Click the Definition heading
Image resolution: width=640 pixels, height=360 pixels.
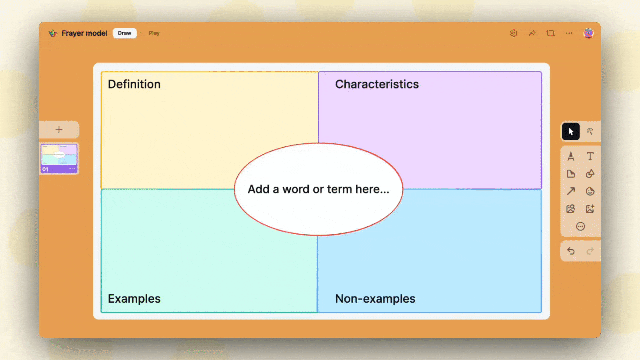(x=134, y=84)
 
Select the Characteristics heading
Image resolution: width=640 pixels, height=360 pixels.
(x=377, y=84)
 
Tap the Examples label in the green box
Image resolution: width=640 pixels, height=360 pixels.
(x=134, y=299)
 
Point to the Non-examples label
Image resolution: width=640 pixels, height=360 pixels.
(x=375, y=299)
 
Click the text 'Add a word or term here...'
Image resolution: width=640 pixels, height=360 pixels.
(x=318, y=189)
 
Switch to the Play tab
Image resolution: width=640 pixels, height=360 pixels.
(x=154, y=33)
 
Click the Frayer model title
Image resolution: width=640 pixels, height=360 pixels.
(x=84, y=33)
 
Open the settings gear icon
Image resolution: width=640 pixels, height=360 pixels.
(x=513, y=33)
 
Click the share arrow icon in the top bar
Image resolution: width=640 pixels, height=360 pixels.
(x=532, y=33)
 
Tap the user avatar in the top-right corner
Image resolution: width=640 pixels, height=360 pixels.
(x=588, y=33)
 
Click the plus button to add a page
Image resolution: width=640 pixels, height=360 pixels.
(x=59, y=130)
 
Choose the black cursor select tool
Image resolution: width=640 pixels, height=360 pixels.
(x=571, y=132)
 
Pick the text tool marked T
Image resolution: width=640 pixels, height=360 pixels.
(x=590, y=156)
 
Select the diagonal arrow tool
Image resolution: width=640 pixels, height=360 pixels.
(x=571, y=191)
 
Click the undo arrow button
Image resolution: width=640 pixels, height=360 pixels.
(x=571, y=251)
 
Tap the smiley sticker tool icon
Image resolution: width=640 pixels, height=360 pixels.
(x=590, y=191)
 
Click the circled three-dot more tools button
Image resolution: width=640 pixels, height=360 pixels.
(x=580, y=226)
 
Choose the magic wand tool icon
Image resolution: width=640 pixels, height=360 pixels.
(x=590, y=132)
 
